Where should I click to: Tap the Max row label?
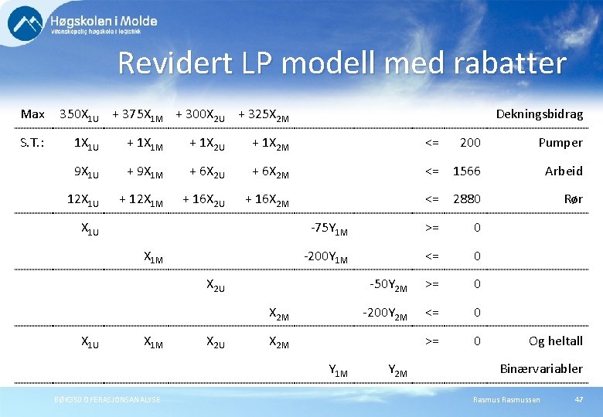click(x=32, y=114)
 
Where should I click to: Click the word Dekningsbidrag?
click(x=539, y=114)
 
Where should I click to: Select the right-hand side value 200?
click(x=470, y=143)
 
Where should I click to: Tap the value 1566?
click(x=467, y=171)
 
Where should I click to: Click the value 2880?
click(x=467, y=199)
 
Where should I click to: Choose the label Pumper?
click(x=560, y=143)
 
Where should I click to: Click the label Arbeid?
click(x=564, y=171)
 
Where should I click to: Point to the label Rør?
click(x=573, y=199)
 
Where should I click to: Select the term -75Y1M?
click(x=329, y=229)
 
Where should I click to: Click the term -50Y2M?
click(x=389, y=285)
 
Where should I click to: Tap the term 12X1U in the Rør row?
click(x=83, y=200)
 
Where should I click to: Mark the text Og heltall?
click(x=555, y=341)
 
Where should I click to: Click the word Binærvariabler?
click(x=542, y=368)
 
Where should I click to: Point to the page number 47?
click(x=578, y=398)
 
